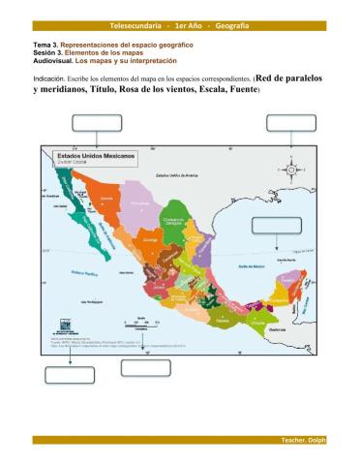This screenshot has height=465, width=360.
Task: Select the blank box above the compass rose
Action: pyautogui.click(x=291, y=121)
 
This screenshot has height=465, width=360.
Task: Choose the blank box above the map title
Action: pyautogui.click(x=97, y=121)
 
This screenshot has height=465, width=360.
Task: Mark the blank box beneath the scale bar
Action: pyautogui.click(x=145, y=367)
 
